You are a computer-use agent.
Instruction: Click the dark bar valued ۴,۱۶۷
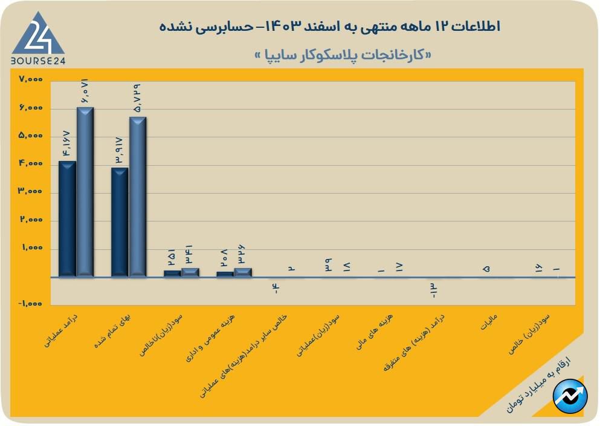[67, 218]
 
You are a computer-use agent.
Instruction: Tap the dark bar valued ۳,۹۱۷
[120, 222]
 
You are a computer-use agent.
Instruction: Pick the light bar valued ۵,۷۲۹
[138, 196]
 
